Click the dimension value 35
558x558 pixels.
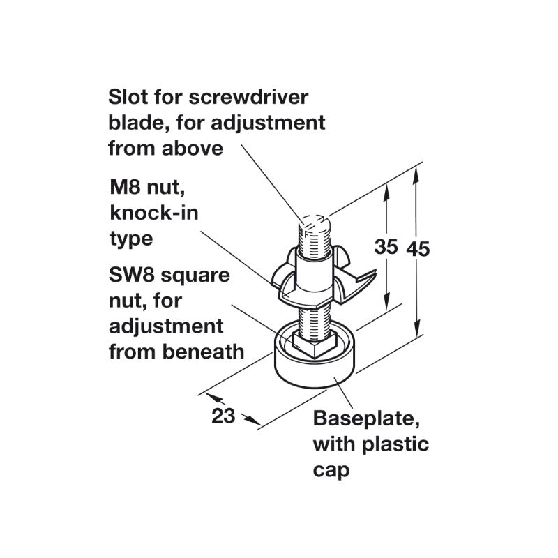pos(386,247)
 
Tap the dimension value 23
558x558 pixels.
pos(223,416)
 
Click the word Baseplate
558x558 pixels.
pos(366,420)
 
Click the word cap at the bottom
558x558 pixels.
pos(331,469)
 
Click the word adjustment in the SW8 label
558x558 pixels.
pos(166,326)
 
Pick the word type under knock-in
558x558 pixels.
pos(130,239)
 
